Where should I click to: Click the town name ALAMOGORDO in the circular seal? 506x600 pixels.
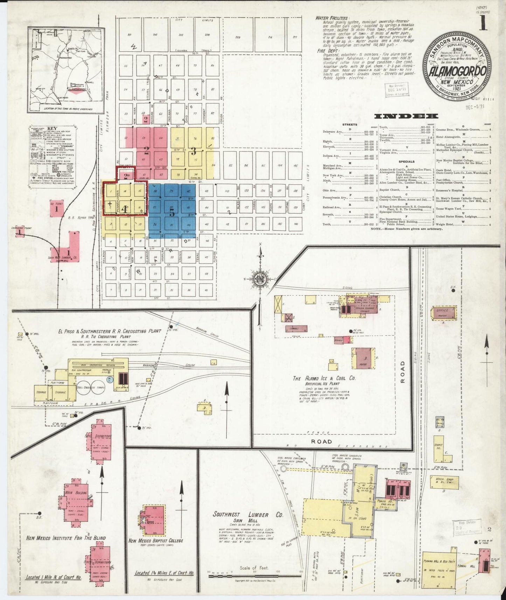(455, 71)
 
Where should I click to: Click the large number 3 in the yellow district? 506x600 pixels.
(193, 152)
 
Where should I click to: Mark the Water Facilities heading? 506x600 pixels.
(332, 18)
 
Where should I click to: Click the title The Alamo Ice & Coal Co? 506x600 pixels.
(324, 378)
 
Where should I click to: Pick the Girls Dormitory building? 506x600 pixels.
(100, 563)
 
